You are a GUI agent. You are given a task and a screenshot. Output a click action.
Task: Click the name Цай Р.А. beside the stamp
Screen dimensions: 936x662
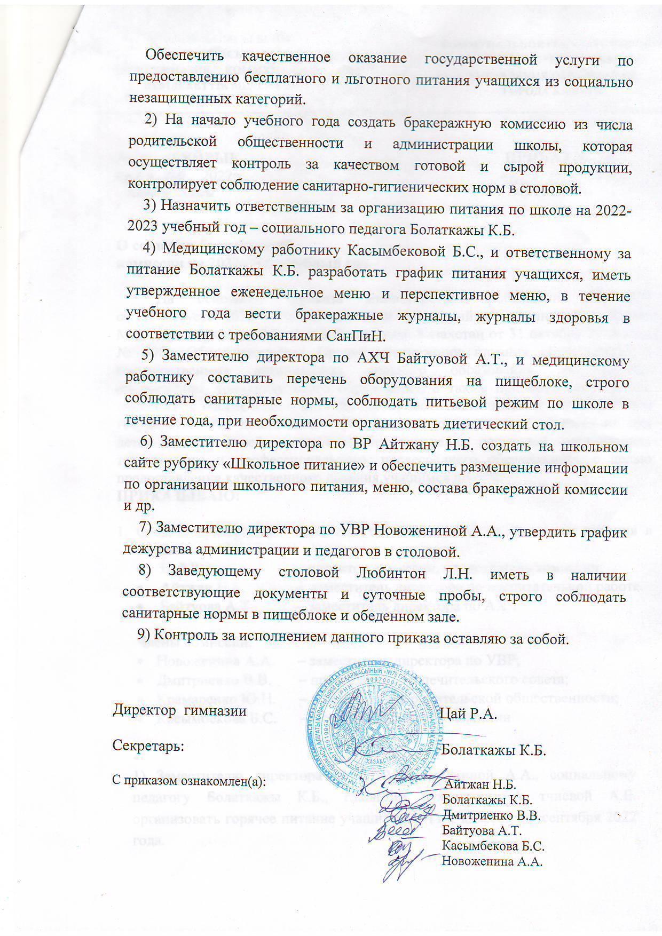469,714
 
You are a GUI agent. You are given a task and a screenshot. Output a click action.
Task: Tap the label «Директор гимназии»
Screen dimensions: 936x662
179,711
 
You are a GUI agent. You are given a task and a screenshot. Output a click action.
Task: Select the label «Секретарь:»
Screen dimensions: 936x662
148,746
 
